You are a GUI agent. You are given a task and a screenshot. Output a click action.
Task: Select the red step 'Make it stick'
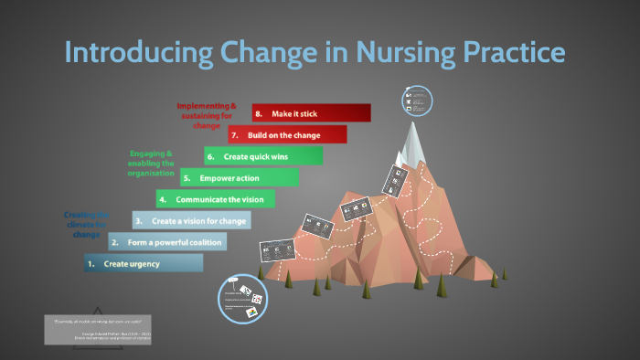click(x=311, y=113)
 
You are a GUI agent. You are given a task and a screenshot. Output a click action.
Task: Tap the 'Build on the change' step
click(x=287, y=135)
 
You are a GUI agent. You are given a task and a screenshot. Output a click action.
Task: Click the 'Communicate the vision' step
click(x=215, y=198)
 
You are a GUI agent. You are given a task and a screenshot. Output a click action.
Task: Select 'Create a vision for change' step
click(x=191, y=220)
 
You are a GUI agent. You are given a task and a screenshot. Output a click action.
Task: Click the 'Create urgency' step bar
click(x=143, y=263)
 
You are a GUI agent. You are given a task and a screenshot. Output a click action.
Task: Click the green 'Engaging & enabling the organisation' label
click(x=152, y=164)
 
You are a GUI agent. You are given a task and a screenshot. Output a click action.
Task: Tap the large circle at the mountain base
click(x=242, y=299)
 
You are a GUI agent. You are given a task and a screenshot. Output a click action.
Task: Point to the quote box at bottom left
click(x=98, y=330)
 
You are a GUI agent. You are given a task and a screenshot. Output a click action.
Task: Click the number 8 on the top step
click(x=260, y=113)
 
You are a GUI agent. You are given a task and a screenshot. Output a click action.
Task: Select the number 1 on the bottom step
click(x=91, y=263)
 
